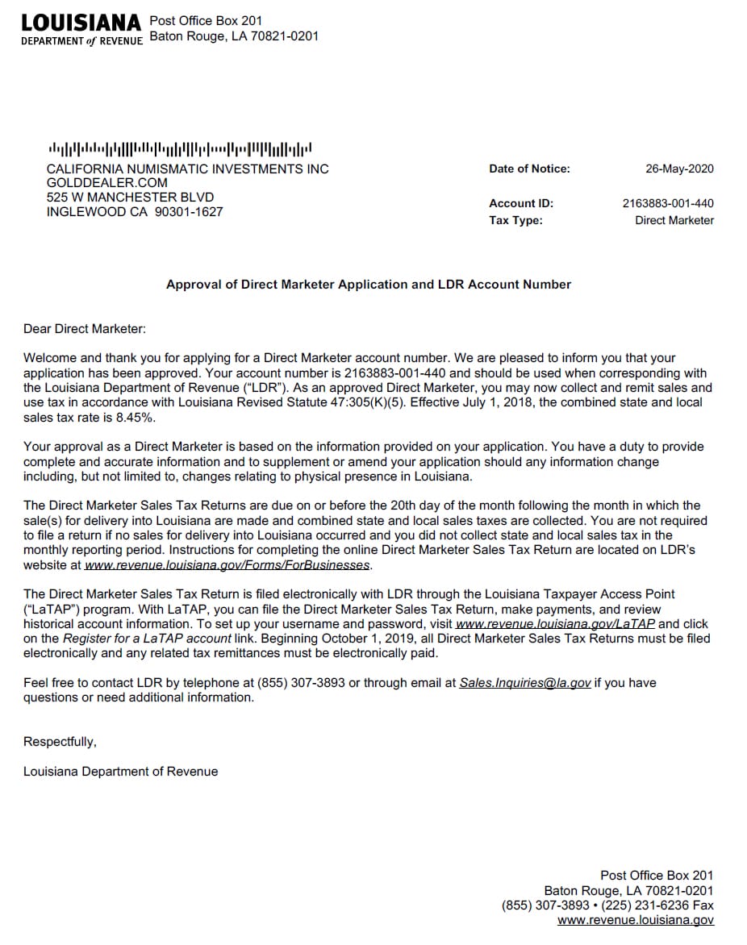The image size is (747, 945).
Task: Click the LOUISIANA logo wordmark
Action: pos(81,22)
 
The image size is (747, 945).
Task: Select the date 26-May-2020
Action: pos(679,169)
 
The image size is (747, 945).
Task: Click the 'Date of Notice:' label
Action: pos(529,169)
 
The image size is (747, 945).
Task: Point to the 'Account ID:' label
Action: pos(521,203)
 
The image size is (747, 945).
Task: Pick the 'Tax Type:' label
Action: pos(515,220)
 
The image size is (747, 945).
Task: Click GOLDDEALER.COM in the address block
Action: pos(107,183)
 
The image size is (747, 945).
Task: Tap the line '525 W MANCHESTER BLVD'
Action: pos(130,198)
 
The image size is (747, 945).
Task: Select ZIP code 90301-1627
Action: pos(188,212)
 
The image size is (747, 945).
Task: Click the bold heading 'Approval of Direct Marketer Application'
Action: pos(368,285)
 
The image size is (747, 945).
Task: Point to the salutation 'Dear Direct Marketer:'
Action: pos(85,328)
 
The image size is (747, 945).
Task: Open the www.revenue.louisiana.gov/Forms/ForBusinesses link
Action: pos(227,565)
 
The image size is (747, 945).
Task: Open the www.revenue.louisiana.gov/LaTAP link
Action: pos(555,624)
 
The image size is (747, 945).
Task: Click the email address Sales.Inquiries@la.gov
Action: pos(525,683)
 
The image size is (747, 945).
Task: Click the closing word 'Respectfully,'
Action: pos(60,742)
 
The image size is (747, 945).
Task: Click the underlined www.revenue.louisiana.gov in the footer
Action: pos(635,920)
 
